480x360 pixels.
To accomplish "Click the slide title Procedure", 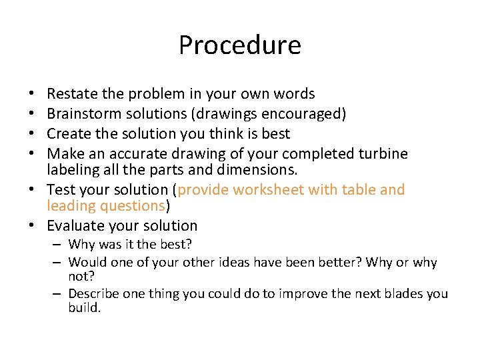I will coord(239,45).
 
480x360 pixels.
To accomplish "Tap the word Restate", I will coord(70,94).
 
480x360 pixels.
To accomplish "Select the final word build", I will coord(84,308).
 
